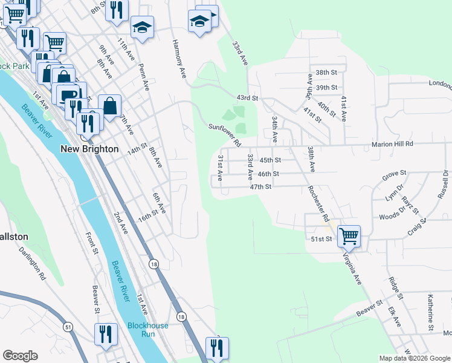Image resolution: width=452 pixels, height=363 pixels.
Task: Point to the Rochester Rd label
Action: click(x=317, y=200)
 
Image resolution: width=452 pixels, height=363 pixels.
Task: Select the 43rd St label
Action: click(x=247, y=97)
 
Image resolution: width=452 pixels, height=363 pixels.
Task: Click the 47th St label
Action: click(x=262, y=187)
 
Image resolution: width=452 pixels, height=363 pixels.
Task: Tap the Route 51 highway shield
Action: click(x=67, y=327)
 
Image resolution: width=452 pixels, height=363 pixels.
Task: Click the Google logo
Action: click(x=21, y=356)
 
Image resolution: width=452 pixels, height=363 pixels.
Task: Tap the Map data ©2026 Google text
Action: click(x=414, y=358)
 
